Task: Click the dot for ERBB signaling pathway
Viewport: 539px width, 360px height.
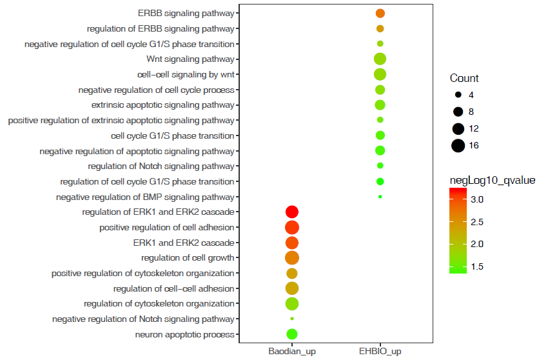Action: click(380, 14)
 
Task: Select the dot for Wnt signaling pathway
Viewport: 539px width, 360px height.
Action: click(380, 59)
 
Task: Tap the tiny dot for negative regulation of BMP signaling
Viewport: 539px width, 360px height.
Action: click(380, 197)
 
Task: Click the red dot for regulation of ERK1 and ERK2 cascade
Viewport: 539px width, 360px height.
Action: click(291, 212)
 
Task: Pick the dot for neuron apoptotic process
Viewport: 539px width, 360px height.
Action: click(291, 334)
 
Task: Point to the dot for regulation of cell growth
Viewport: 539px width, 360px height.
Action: click(291, 258)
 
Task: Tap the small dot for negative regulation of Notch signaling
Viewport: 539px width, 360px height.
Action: click(291, 319)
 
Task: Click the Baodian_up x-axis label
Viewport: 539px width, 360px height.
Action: click(291, 352)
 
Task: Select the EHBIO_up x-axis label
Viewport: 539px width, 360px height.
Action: click(380, 352)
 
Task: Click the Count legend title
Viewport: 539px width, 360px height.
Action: click(464, 79)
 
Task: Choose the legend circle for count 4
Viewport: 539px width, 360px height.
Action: click(458, 95)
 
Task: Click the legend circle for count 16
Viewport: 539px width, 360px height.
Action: click(458, 145)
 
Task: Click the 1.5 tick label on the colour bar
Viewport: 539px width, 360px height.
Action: click(476, 266)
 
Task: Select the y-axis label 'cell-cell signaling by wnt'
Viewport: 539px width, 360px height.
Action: click(181, 74)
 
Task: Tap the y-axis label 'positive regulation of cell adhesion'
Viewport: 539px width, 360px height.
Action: click(167, 228)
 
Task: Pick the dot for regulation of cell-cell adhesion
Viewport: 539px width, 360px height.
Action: click(291, 288)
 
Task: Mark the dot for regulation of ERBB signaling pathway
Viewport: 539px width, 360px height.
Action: click(380, 29)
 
